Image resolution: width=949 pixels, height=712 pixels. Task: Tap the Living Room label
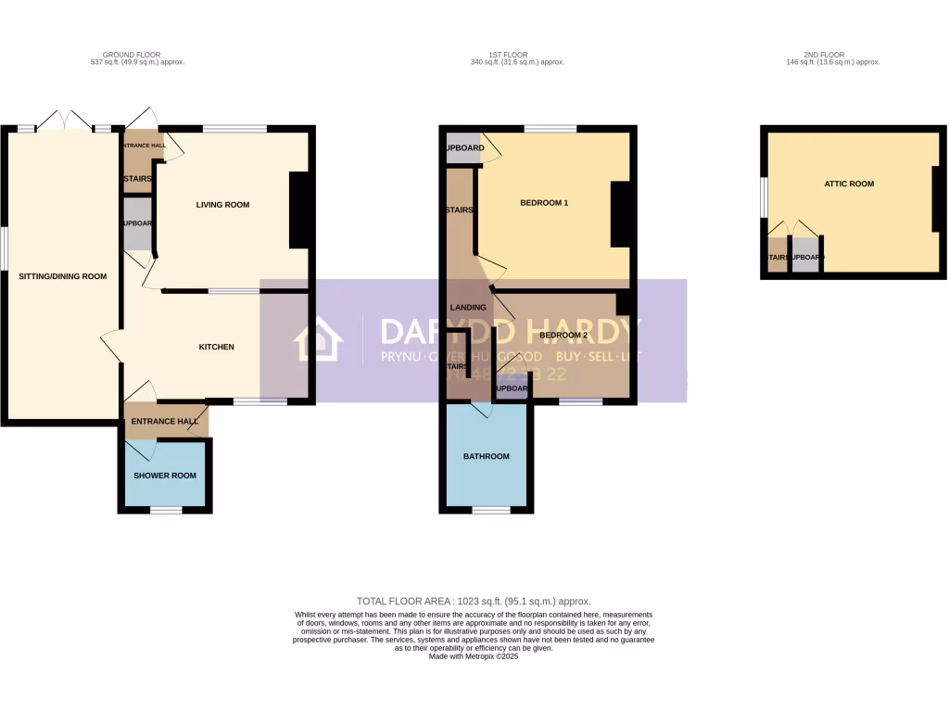tap(222, 205)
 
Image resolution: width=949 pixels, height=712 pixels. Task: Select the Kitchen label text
tap(217, 347)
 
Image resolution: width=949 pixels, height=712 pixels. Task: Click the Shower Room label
tap(165, 476)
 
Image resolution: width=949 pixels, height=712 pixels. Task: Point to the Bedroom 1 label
tap(544, 203)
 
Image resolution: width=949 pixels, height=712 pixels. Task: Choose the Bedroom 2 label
tap(563, 335)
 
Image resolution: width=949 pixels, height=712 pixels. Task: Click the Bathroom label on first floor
tap(487, 456)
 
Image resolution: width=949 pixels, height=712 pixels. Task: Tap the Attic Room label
tap(849, 184)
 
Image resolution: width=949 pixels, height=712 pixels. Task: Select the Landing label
tap(468, 307)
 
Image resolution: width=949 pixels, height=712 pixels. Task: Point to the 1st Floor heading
tap(517, 55)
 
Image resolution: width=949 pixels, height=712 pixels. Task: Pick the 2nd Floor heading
tap(832, 55)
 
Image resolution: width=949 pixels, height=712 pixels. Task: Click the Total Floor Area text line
tap(474, 601)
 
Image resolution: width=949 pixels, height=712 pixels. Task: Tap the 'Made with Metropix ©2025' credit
tap(474, 656)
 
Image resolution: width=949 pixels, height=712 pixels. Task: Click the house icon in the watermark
tap(318, 340)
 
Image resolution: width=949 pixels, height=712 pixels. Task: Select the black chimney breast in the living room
tap(299, 210)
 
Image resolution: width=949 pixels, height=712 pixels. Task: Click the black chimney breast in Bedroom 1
tap(620, 214)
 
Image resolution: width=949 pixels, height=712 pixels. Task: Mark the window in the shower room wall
tap(167, 510)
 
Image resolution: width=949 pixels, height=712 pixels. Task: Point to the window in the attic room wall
tap(764, 197)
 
